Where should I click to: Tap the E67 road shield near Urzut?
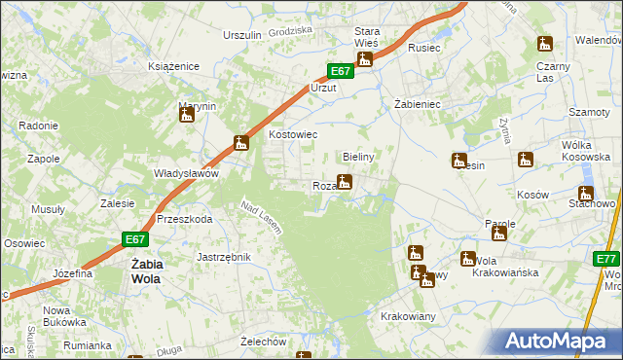338,71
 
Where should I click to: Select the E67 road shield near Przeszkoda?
135,238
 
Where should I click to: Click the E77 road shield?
607,259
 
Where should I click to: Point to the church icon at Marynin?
187,116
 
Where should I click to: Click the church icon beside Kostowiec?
241,144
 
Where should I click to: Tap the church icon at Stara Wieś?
365,60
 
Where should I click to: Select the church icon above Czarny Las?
544,45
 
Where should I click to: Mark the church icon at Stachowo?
586,194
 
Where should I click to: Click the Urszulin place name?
242,35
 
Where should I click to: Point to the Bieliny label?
359,156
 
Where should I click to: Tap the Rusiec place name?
425,47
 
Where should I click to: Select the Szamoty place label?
589,112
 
